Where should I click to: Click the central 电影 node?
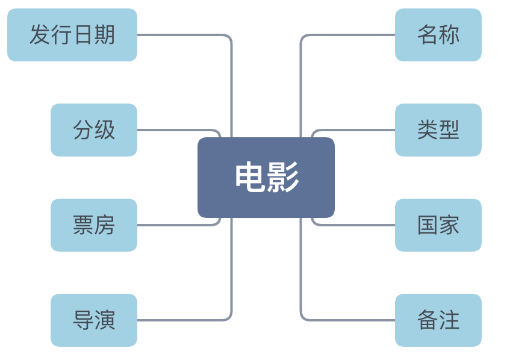pos(266,178)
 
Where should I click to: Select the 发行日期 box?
pos(72,35)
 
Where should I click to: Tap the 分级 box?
pos(93,130)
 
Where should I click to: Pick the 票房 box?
pos(93,225)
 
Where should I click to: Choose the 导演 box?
pos(93,320)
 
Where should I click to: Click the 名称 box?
pos(438,35)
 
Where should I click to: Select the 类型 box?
pos(438,130)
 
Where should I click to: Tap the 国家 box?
pos(438,225)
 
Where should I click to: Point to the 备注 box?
pos(438,320)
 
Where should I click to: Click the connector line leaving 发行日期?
pos(181,35)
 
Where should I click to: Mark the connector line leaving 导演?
pos(181,320)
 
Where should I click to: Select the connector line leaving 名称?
pos(349,35)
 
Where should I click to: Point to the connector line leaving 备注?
pos(349,320)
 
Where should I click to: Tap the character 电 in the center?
pos(250,178)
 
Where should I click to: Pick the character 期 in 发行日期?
pos(105,35)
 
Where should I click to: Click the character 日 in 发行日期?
pos(83,35)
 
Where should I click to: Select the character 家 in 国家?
pos(449,225)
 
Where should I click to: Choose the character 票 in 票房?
pos(83,225)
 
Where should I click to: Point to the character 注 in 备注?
pos(449,320)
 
